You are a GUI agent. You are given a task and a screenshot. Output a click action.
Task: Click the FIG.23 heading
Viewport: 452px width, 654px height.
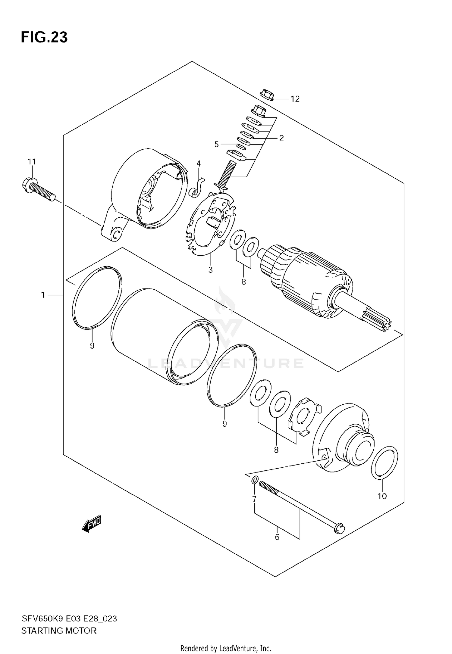(44, 37)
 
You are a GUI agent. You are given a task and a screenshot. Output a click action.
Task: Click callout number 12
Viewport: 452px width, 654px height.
(295, 99)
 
